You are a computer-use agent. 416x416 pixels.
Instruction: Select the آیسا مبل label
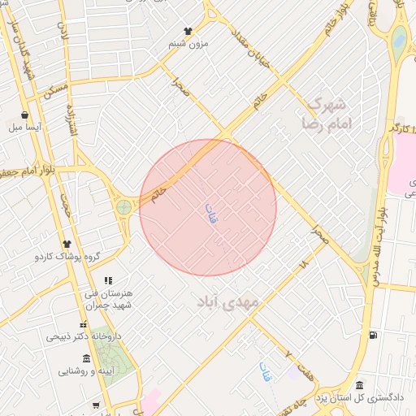(x=24, y=127)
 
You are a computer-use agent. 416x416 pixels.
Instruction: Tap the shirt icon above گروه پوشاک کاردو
(x=67, y=244)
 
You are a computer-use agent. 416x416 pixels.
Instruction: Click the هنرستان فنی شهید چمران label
(x=108, y=298)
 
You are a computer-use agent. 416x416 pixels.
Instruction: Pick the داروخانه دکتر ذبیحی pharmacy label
(x=83, y=335)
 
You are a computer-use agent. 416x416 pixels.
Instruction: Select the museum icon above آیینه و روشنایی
(x=107, y=359)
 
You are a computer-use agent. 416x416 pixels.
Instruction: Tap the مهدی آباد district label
(x=227, y=301)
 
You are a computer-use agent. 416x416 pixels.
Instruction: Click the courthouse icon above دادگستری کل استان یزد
(x=359, y=385)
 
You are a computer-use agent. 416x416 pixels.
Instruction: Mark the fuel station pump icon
(x=373, y=335)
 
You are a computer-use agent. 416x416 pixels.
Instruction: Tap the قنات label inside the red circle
(x=212, y=213)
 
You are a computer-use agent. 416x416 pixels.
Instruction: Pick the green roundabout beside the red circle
(x=123, y=208)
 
